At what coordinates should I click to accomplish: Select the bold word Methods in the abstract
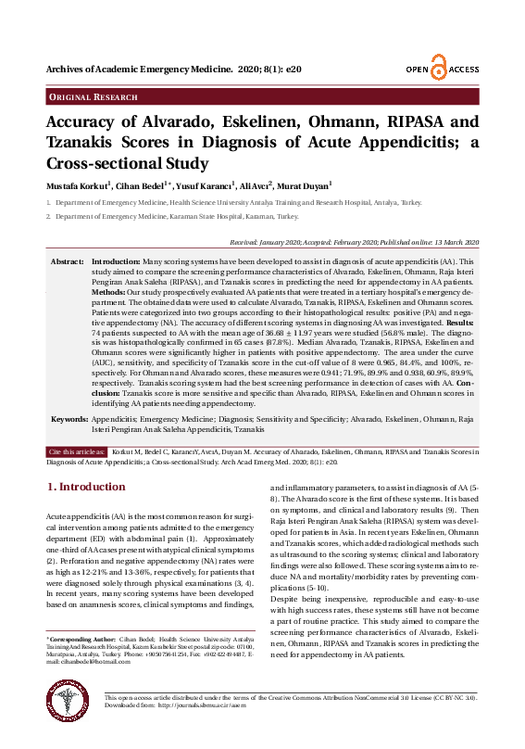110,291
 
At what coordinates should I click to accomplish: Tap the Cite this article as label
76,451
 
